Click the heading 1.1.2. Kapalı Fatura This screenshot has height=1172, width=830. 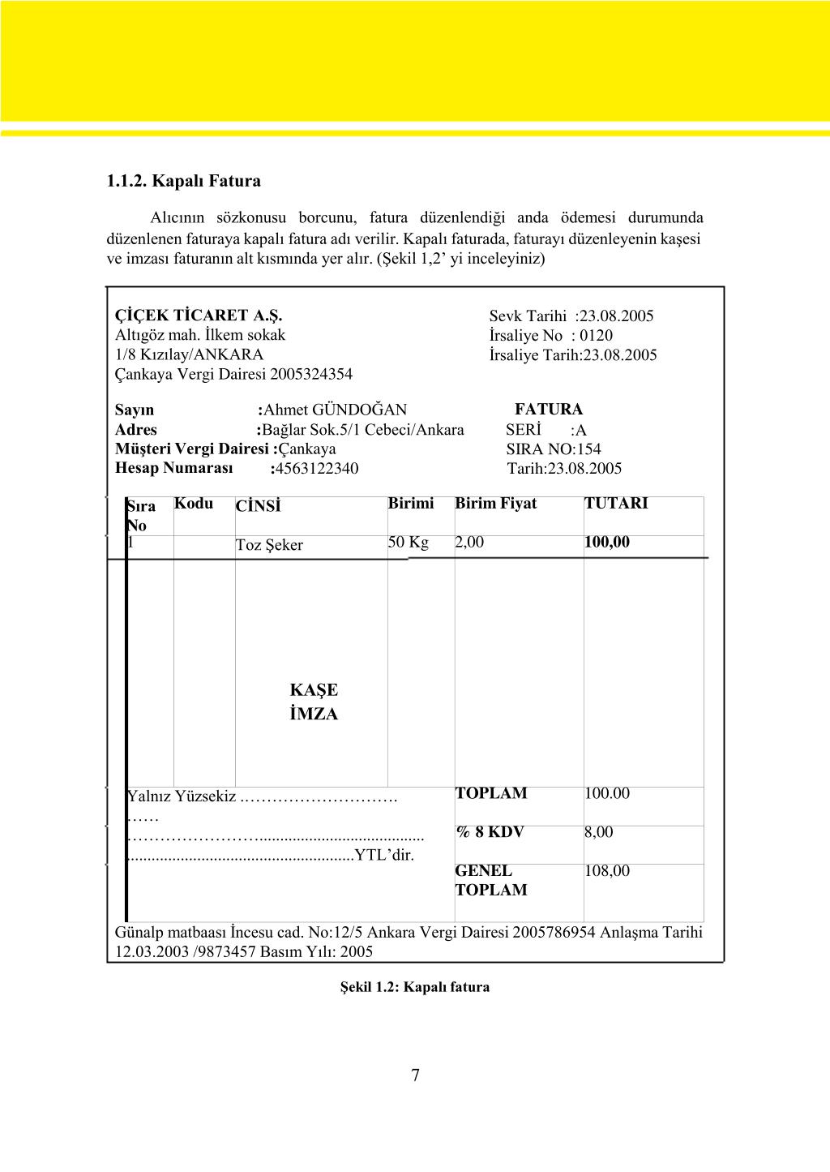[183, 181]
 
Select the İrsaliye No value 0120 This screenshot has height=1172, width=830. [597, 335]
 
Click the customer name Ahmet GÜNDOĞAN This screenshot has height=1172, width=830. [336, 410]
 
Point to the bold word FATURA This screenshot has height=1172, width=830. [549, 410]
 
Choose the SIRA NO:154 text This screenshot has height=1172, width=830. [554, 449]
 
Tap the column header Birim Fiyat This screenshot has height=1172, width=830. [495, 504]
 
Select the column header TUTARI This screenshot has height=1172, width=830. [616, 504]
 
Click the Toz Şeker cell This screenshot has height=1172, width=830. [269, 545]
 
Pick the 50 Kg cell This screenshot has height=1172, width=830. [408, 542]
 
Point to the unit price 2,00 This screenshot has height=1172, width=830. [469, 542]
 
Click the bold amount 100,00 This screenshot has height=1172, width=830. [606, 542]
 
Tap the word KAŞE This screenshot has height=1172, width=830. [314, 690]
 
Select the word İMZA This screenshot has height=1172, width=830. [314, 714]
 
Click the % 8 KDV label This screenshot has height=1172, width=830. [490, 832]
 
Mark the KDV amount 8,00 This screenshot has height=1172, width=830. [599, 832]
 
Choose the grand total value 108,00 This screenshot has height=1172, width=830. [606, 871]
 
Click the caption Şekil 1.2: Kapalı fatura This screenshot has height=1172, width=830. [415, 987]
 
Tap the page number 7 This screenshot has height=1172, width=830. [415, 1075]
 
